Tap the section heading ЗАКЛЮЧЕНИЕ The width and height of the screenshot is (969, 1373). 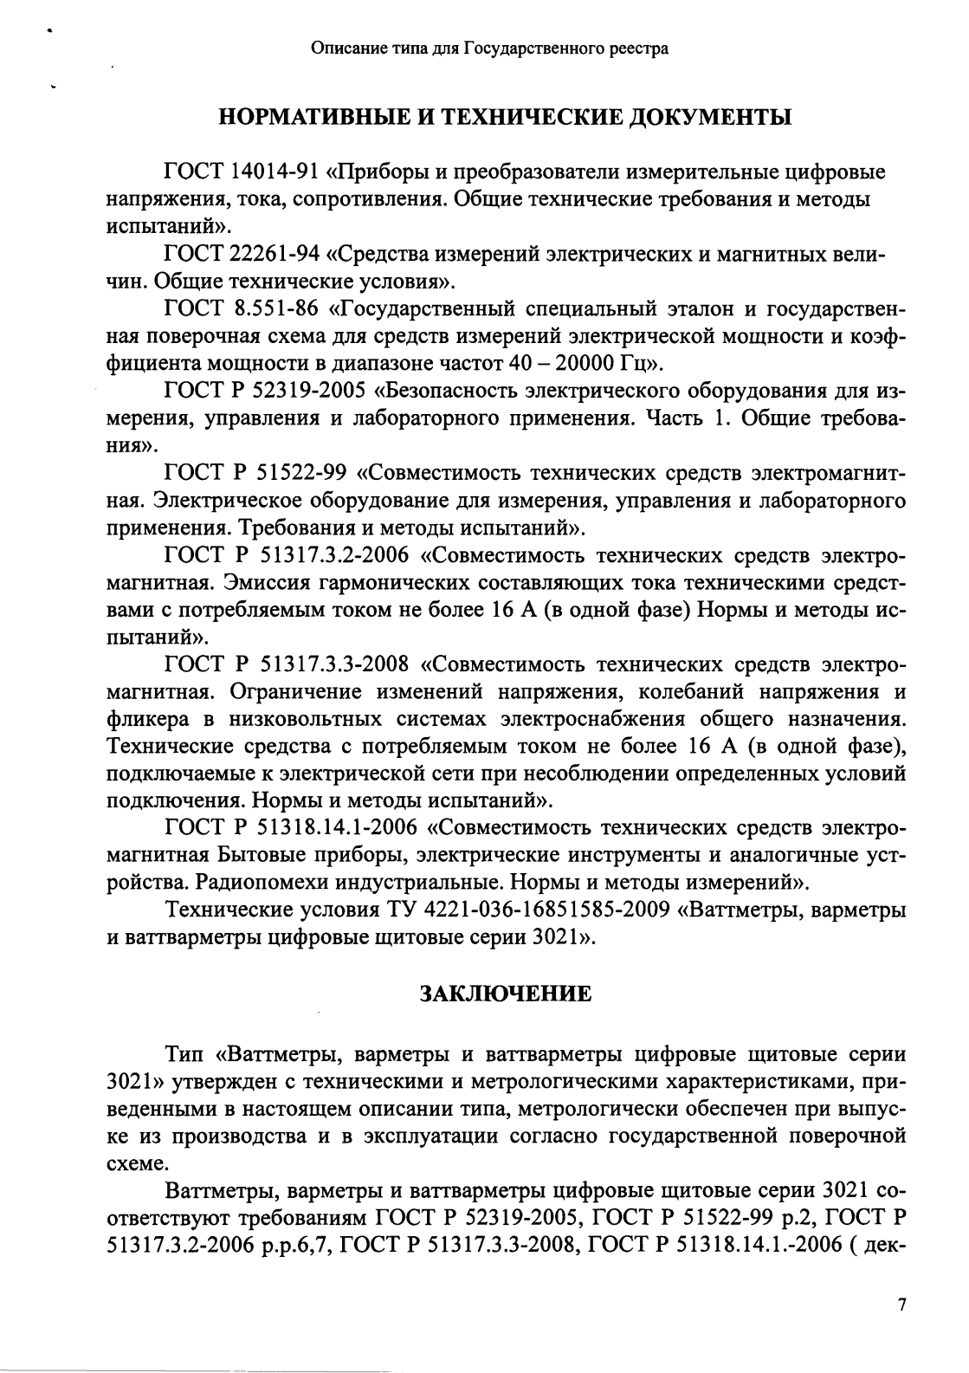pos(506,993)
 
